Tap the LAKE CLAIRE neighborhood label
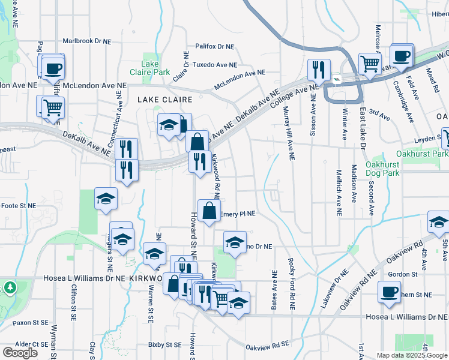coord(166,100)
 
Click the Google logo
coord(20,353)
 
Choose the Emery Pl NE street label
coord(238,213)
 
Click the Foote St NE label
coord(19,206)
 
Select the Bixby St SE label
coord(165,345)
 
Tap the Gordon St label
coord(402,274)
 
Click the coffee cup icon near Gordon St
coord(389,292)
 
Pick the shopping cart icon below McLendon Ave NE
coord(53,107)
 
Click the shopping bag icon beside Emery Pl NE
coord(208,212)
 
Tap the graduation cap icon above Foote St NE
coord(106,199)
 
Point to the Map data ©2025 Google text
coord(411,355)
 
